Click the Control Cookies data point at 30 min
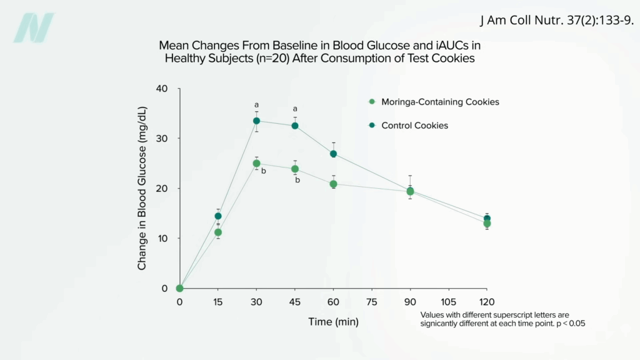[x=256, y=121]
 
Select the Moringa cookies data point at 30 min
[x=256, y=163]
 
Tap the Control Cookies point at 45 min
[x=295, y=126]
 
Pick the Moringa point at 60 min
[x=333, y=184]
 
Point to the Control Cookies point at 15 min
[x=218, y=216]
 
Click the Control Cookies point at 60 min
[x=333, y=154]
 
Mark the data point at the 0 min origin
[x=179, y=288]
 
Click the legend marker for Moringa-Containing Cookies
[x=372, y=102]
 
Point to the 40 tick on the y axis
[x=162, y=88]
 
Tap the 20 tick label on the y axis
[x=162, y=188]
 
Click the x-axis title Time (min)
[x=333, y=322]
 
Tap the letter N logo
[x=34, y=27]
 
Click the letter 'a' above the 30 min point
[x=256, y=105]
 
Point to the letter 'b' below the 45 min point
[x=297, y=180]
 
